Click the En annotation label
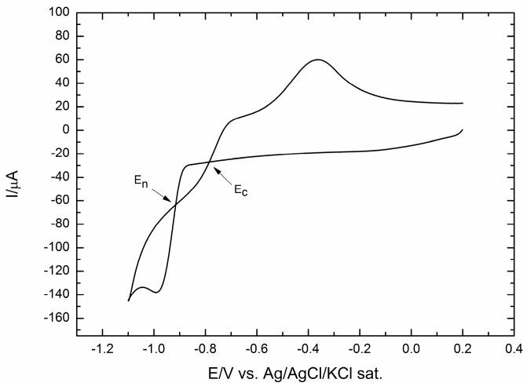click(x=139, y=180)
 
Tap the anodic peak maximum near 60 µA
click(x=318, y=60)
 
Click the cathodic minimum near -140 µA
click(x=157, y=292)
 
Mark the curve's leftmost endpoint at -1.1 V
click(x=129, y=301)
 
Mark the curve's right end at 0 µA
click(x=463, y=129)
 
